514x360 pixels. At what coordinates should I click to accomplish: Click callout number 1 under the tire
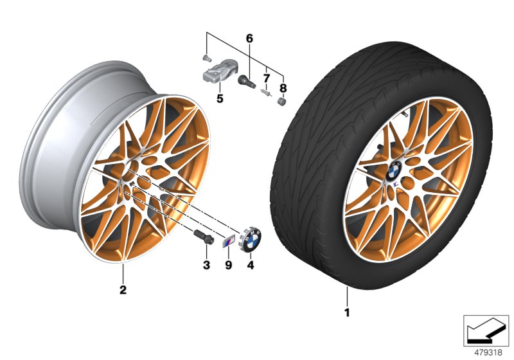pos(347,313)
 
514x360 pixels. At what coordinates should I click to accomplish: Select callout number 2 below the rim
pos(123,289)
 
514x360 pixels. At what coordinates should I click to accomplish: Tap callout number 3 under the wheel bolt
pos(206,264)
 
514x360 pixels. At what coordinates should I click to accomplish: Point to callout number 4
pos(251,264)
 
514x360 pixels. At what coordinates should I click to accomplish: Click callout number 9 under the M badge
pos(227,264)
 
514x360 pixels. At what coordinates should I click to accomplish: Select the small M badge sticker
pos(227,242)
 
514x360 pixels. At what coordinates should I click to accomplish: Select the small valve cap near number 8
pos(281,101)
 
